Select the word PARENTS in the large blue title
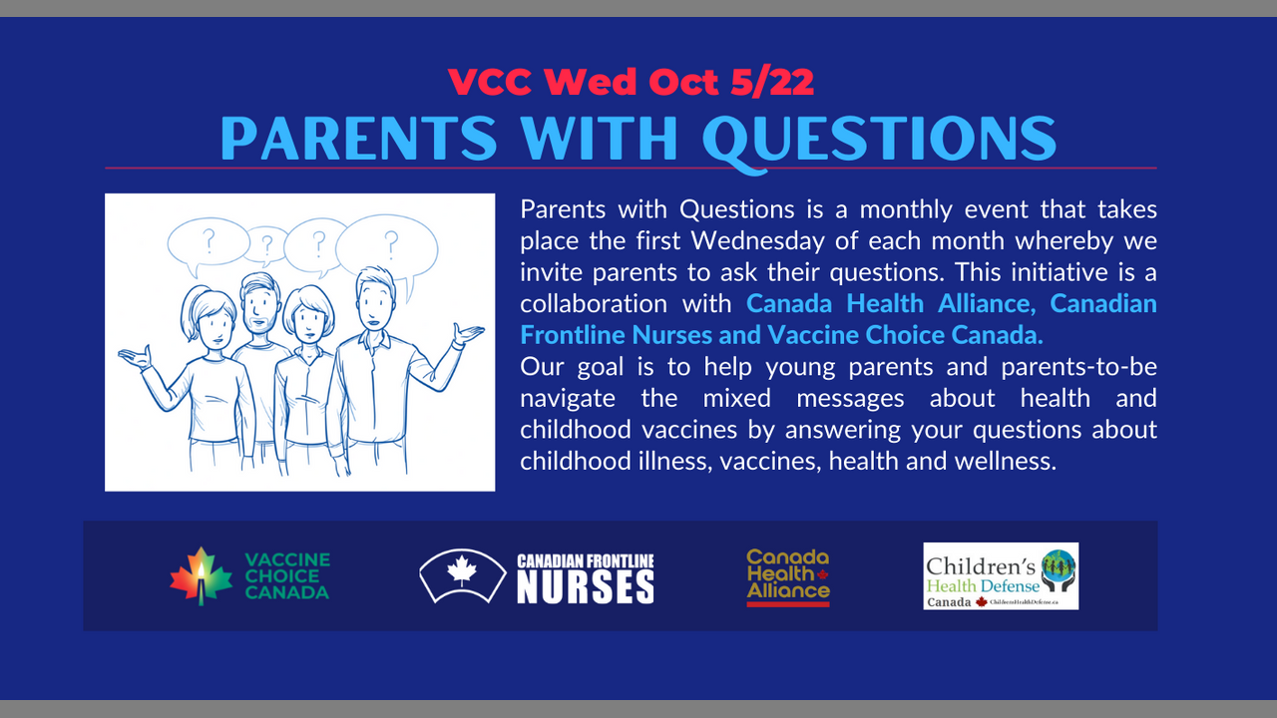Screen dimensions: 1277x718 point(359,138)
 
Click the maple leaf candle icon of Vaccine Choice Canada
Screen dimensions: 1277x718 point(202,576)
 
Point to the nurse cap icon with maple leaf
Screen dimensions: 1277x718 point(462,575)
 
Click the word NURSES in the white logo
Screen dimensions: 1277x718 point(586,587)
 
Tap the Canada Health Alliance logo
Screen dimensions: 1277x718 point(788,577)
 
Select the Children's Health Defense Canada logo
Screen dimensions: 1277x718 point(1001,576)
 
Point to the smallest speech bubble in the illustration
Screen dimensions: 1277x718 point(266,245)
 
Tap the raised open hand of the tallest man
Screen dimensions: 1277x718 point(469,334)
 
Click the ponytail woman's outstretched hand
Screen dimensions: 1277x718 point(135,358)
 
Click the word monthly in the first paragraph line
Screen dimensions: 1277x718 point(906,209)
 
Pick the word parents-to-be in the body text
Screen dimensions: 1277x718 point(1079,366)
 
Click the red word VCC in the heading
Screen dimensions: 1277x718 point(490,82)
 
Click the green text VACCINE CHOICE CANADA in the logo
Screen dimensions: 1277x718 point(287,576)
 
